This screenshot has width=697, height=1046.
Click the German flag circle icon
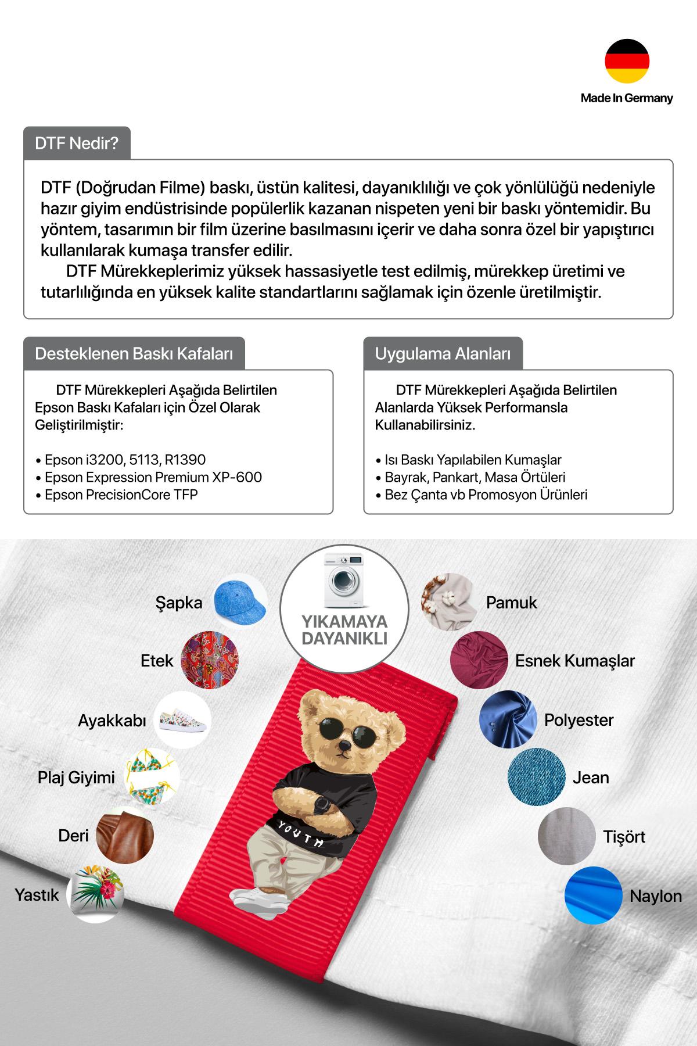coord(627,61)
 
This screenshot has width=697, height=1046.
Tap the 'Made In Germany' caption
coord(627,98)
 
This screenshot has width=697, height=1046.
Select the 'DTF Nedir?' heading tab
coord(77,143)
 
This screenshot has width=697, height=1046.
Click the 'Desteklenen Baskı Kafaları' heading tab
coord(134,353)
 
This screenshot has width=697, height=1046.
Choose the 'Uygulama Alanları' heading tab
coord(443,353)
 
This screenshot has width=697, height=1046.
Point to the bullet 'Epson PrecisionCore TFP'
coord(121,495)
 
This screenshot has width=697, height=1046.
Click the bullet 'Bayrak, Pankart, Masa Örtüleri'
coord(475,477)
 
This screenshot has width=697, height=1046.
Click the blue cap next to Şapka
coord(240,601)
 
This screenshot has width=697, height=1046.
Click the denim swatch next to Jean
coord(536,778)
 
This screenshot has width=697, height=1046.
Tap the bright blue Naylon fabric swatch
coord(594,895)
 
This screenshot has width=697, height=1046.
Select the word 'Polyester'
coord(579,720)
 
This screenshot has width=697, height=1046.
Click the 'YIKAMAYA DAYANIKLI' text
coord(344,631)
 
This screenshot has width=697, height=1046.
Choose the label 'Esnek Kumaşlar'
coord(574,661)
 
